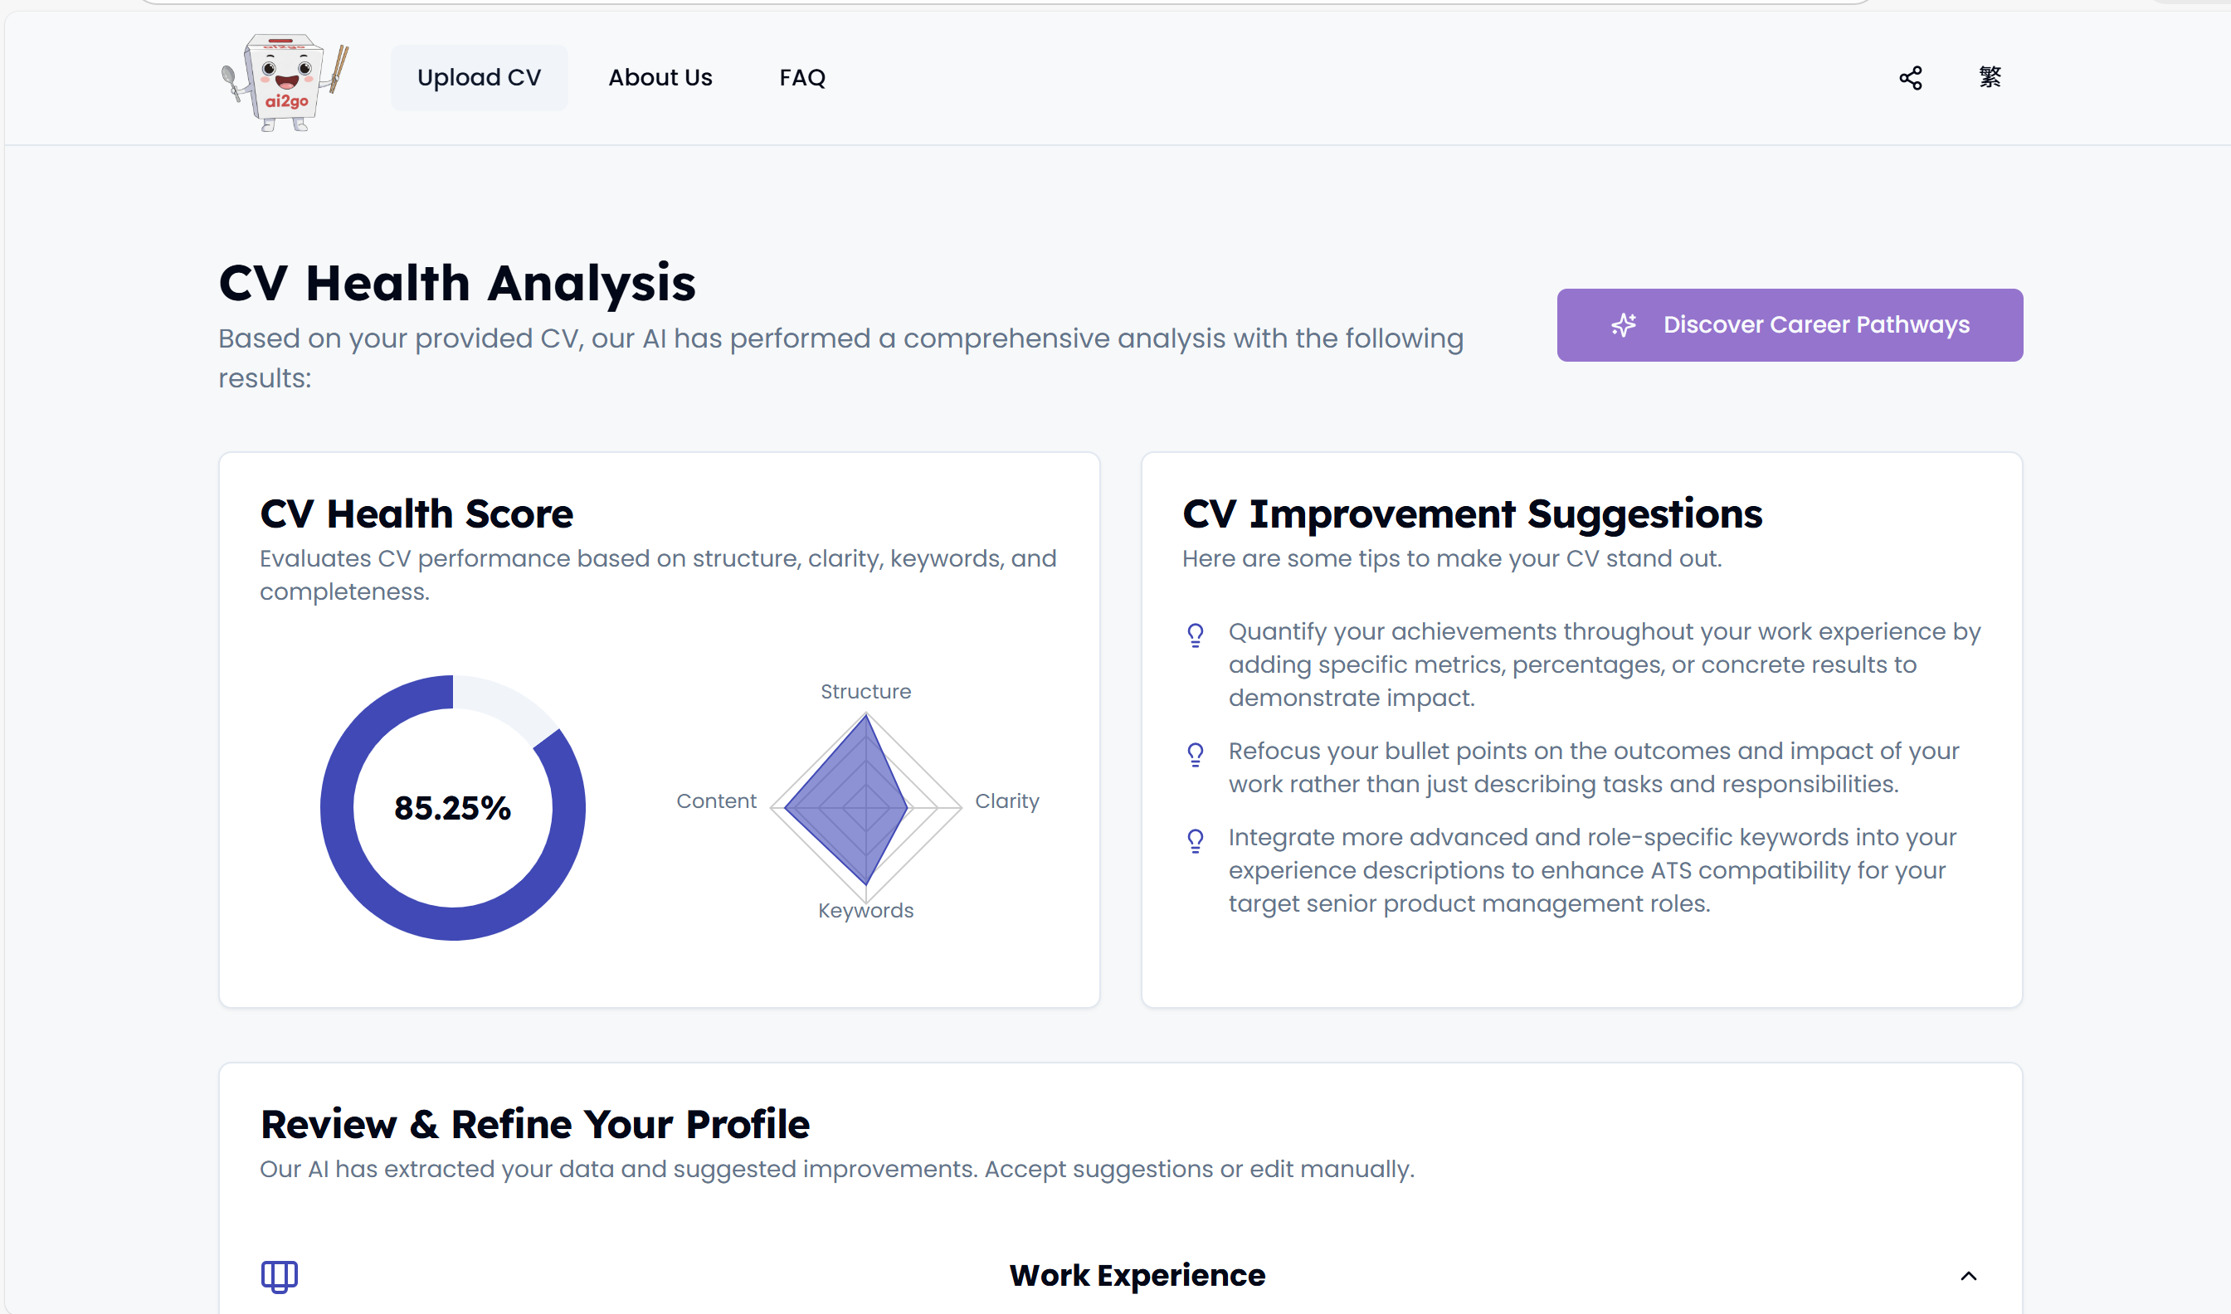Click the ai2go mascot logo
tap(285, 81)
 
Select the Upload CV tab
tap(479, 78)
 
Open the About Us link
tap(660, 78)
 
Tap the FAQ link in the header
tap(802, 78)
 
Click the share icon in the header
tap(1911, 78)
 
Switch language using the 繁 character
tap(1990, 77)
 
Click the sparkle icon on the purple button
tap(1623, 325)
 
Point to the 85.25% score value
tap(452, 807)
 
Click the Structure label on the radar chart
tap(865, 692)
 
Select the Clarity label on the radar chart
tap(1006, 801)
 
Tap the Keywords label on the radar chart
tap(865, 910)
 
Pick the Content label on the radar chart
tap(716, 801)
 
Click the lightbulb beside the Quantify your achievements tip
tap(1196, 635)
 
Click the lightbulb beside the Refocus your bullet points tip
tap(1196, 754)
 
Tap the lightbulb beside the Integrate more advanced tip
tap(1196, 840)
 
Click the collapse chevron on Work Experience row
tap(1968, 1276)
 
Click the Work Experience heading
tap(1137, 1275)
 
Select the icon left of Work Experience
tap(279, 1276)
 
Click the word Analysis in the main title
tap(592, 284)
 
